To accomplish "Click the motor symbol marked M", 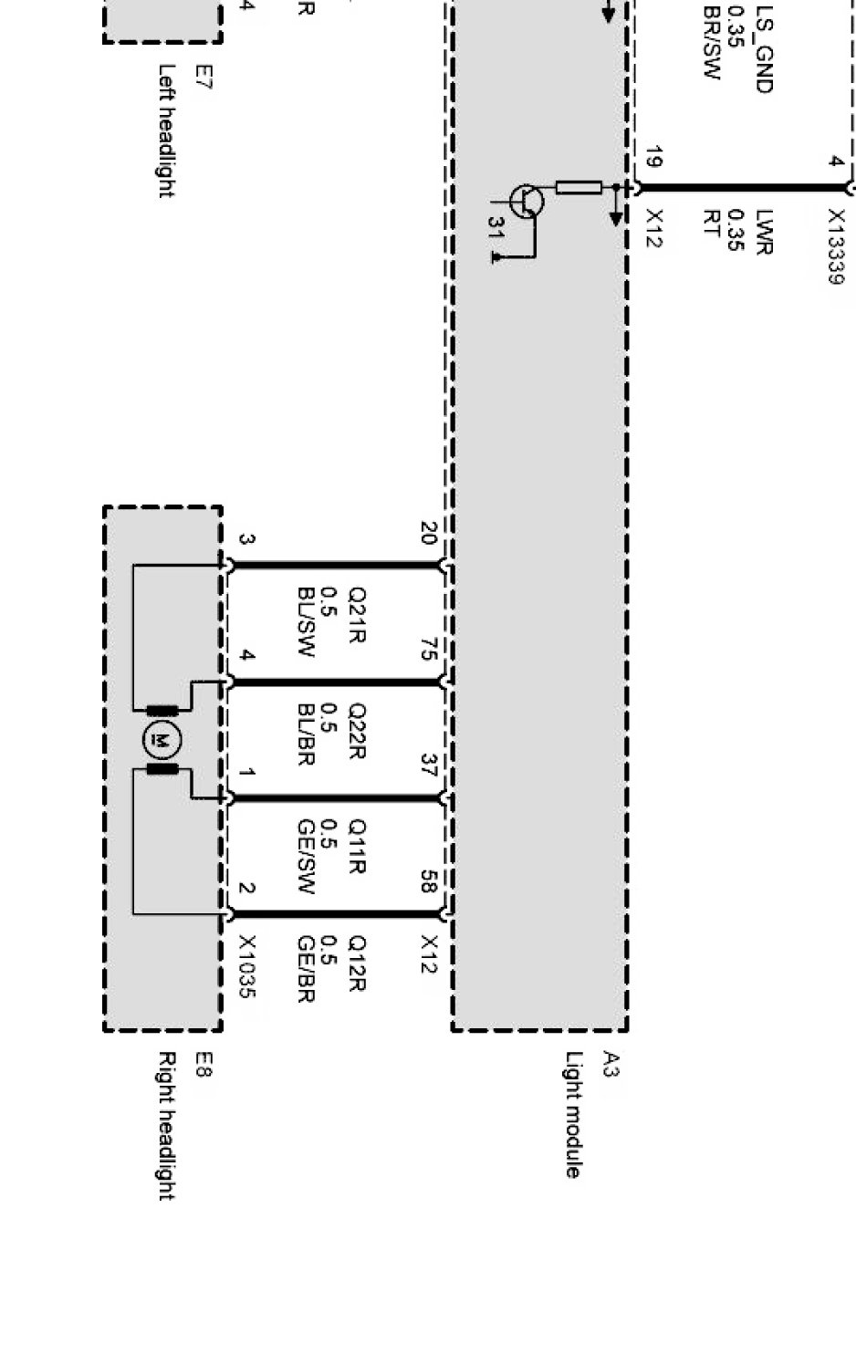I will [x=162, y=740].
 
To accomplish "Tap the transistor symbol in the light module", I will [x=527, y=201].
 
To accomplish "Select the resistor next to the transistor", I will [x=579, y=188].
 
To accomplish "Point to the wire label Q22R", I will [x=357, y=732].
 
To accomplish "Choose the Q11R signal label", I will [x=357, y=847].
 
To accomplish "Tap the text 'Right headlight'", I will [x=167, y=1126].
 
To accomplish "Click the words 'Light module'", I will [x=573, y=1115].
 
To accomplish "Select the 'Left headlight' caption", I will [x=167, y=130].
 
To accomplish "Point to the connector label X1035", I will [x=246, y=966].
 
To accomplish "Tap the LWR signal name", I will [x=765, y=232].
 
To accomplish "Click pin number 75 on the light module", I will [x=430, y=650].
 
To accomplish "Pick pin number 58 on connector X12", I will [x=430, y=881].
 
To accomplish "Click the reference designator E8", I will [x=203, y=1065].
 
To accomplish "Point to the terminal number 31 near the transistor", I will [x=497, y=228].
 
